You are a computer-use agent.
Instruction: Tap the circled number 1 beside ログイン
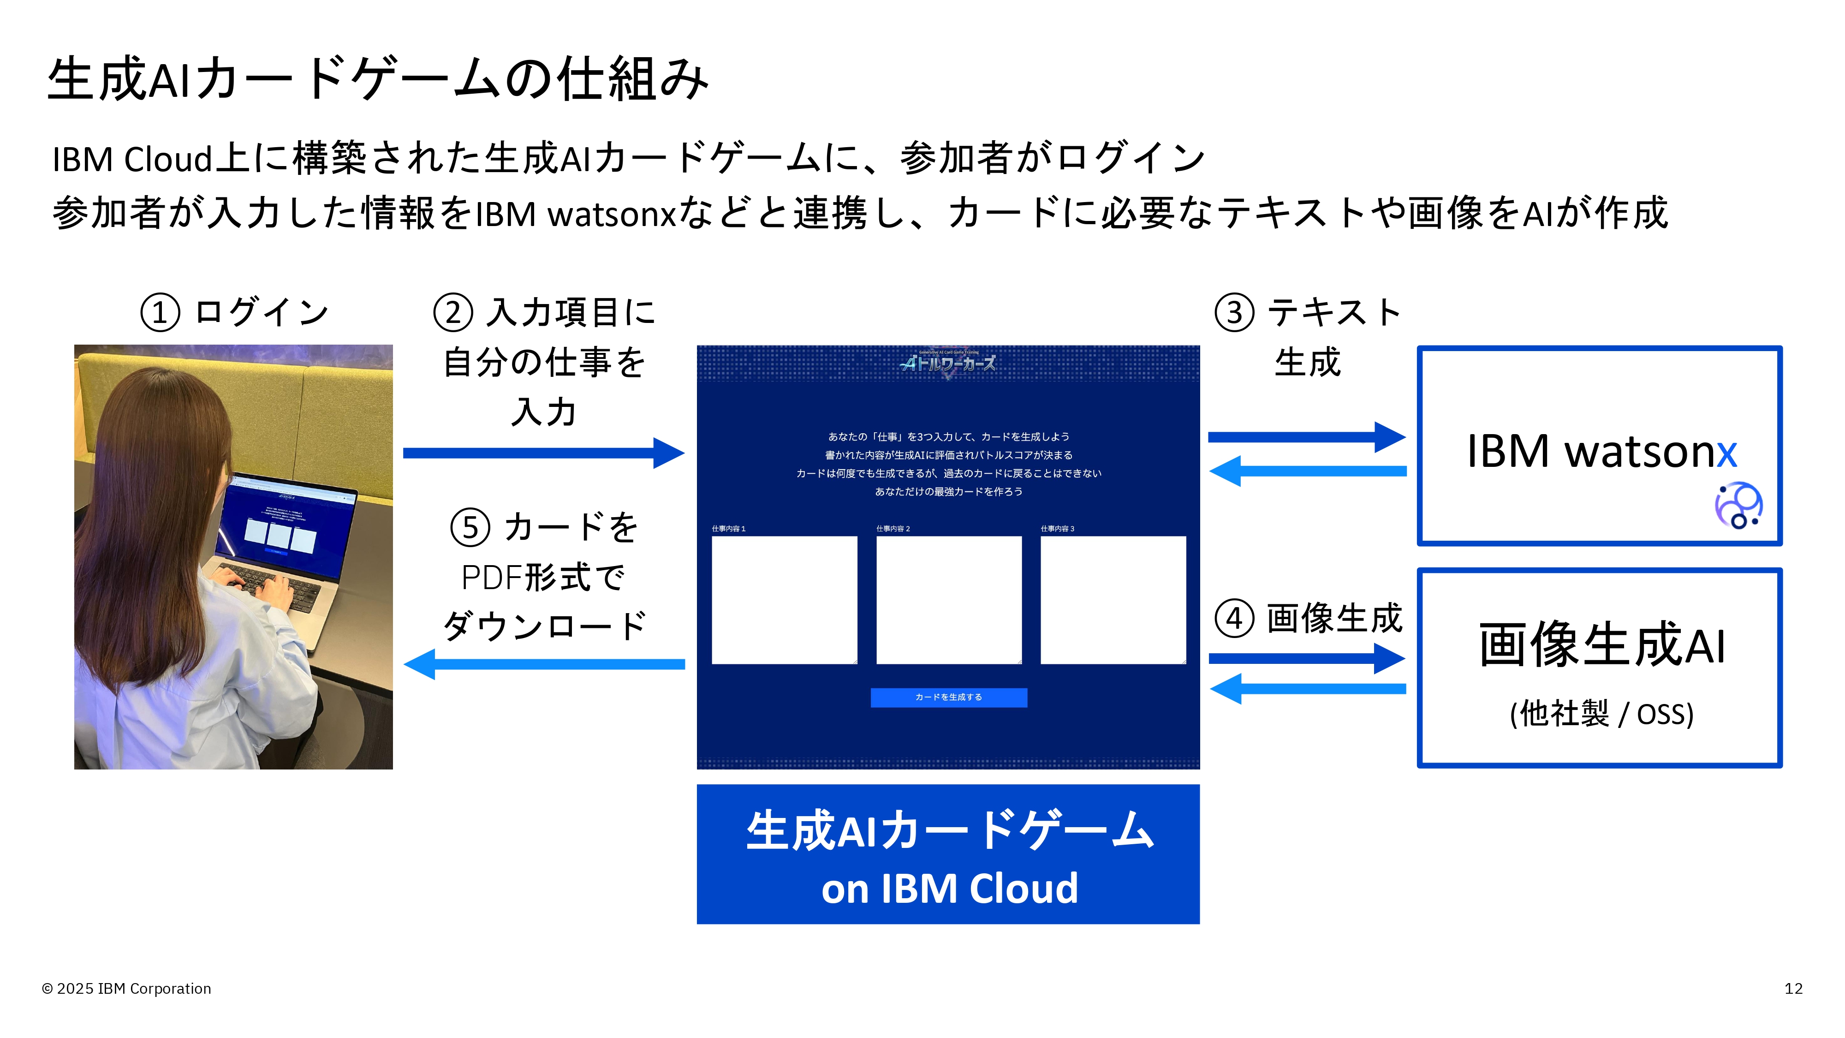(x=160, y=313)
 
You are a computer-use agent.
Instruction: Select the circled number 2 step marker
(x=452, y=313)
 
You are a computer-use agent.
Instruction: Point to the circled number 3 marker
(x=1234, y=313)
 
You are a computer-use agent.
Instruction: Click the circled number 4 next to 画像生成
(x=1234, y=618)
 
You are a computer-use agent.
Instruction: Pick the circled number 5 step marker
(x=470, y=528)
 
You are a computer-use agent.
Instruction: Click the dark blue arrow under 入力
(x=544, y=453)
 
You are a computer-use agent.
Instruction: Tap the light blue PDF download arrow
(x=544, y=664)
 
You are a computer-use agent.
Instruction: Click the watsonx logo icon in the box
(x=1738, y=506)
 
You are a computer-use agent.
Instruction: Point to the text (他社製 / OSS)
(x=1601, y=714)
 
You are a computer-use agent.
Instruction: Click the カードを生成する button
(x=948, y=698)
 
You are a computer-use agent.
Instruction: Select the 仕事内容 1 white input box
(x=784, y=600)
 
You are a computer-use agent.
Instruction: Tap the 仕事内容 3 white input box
(x=1113, y=600)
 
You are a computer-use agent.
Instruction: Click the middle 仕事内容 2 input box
(x=949, y=600)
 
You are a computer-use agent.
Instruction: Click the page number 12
(x=1793, y=989)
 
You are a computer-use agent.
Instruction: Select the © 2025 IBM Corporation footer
(x=127, y=989)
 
